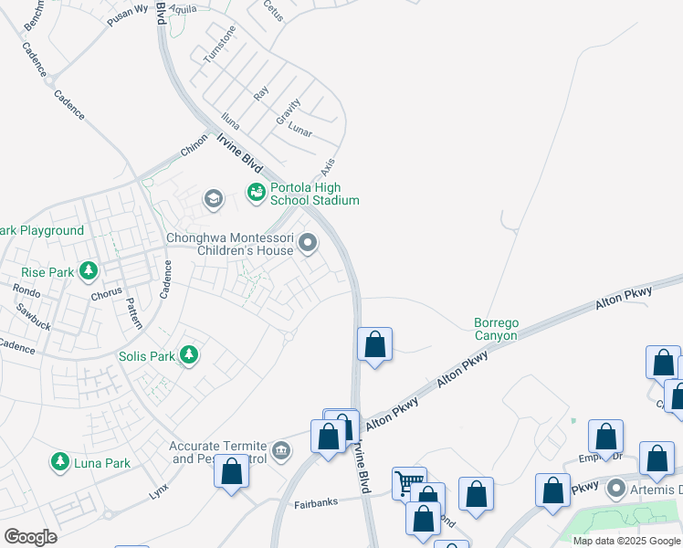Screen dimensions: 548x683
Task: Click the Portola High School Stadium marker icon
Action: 257,191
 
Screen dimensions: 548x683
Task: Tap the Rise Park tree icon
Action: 89,271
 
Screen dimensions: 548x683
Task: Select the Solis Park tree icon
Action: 189,354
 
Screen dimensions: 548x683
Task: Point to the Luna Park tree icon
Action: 61,462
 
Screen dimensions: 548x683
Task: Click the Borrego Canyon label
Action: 495,329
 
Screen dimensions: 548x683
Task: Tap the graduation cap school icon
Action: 214,199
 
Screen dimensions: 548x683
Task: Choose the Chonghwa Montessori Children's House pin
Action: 308,243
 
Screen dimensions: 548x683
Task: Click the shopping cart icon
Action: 408,480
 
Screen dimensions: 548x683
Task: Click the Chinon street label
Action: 194,145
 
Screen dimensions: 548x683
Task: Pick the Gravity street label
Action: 288,112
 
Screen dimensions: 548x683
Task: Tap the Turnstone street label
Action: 219,43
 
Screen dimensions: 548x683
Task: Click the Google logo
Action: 30,537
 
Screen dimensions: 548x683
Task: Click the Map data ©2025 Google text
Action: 625,541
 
